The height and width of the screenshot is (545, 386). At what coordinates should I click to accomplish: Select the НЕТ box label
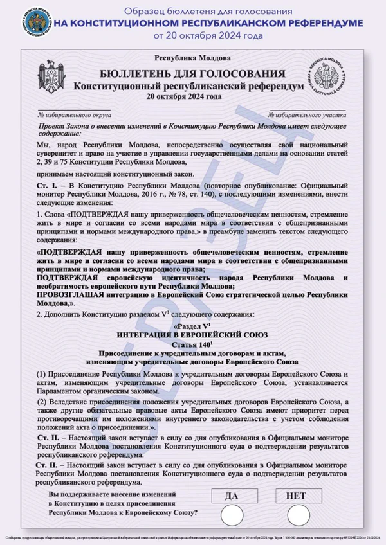click(x=299, y=496)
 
